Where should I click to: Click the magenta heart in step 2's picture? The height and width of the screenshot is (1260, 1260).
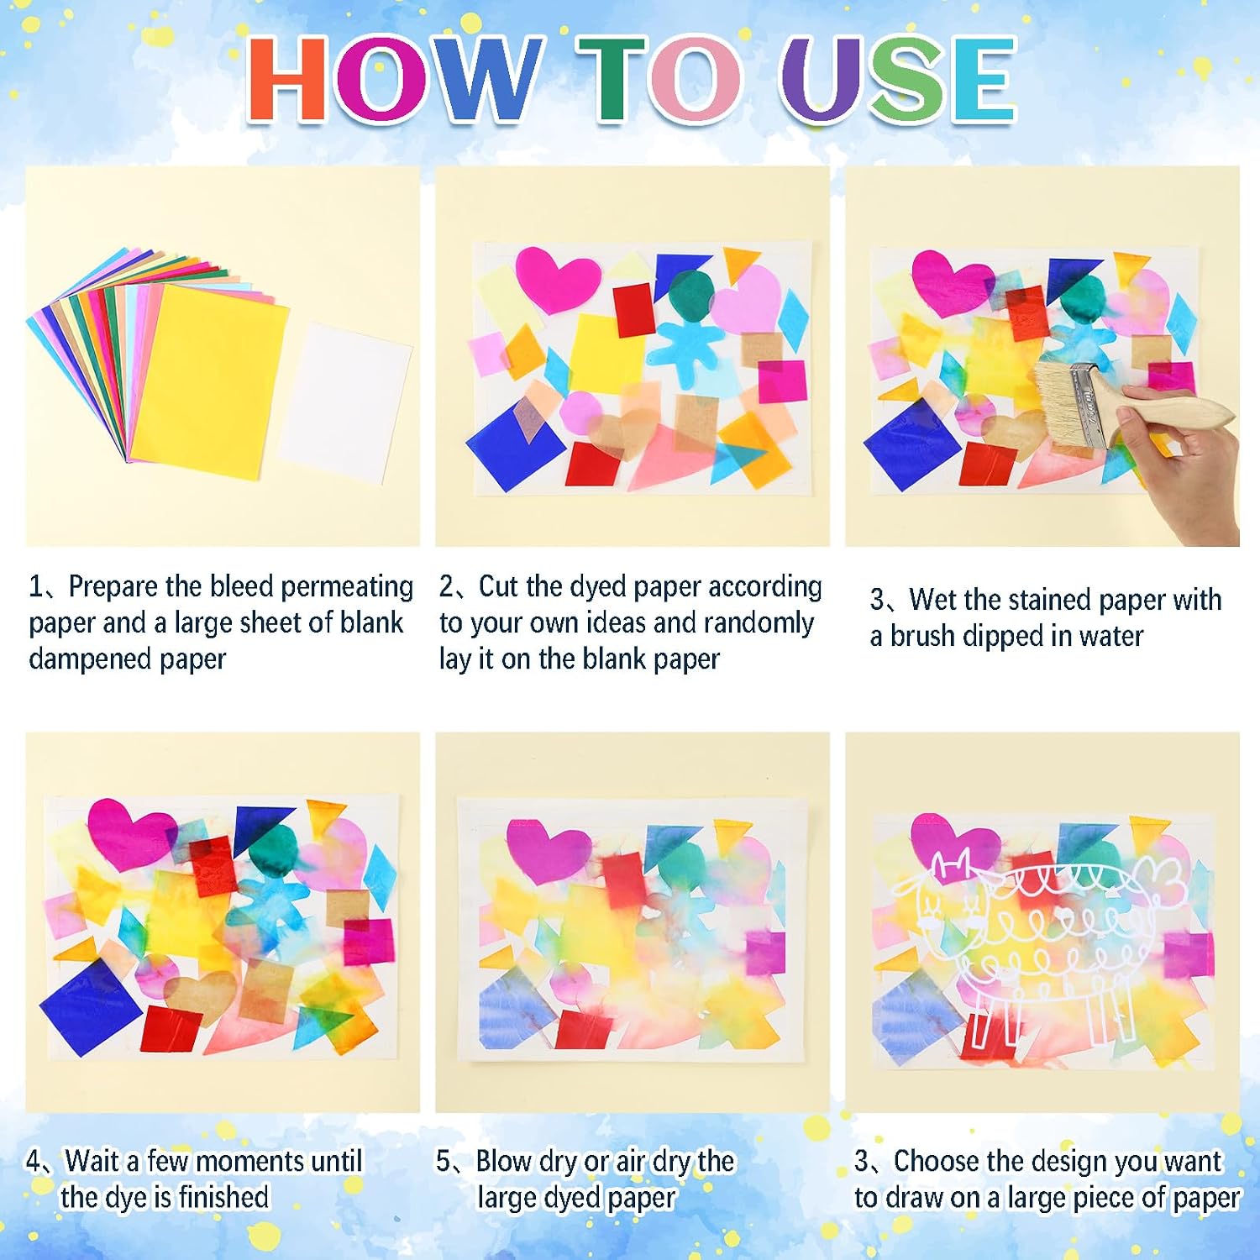(x=557, y=278)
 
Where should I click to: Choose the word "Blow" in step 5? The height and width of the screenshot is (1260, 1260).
(x=504, y=1161)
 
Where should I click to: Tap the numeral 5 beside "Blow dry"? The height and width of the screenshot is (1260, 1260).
(x=444, y=1161)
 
